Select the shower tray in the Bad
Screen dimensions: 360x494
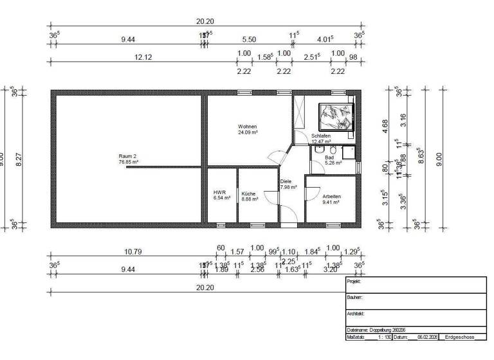click(349, 152)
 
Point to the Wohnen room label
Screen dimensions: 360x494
click(248, 127)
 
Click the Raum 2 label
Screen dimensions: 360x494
click(128, 156)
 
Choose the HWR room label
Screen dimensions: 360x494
click(219, 193)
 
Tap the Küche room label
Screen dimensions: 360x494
click(249, 193)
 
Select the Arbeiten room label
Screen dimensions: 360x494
click(331, 197)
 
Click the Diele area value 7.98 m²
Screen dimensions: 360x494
click(288, 188)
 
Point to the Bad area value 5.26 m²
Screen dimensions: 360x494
click(332, 163)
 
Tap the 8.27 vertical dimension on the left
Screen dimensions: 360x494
click(19, 158)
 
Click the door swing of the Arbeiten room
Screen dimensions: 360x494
click(312, 192)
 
